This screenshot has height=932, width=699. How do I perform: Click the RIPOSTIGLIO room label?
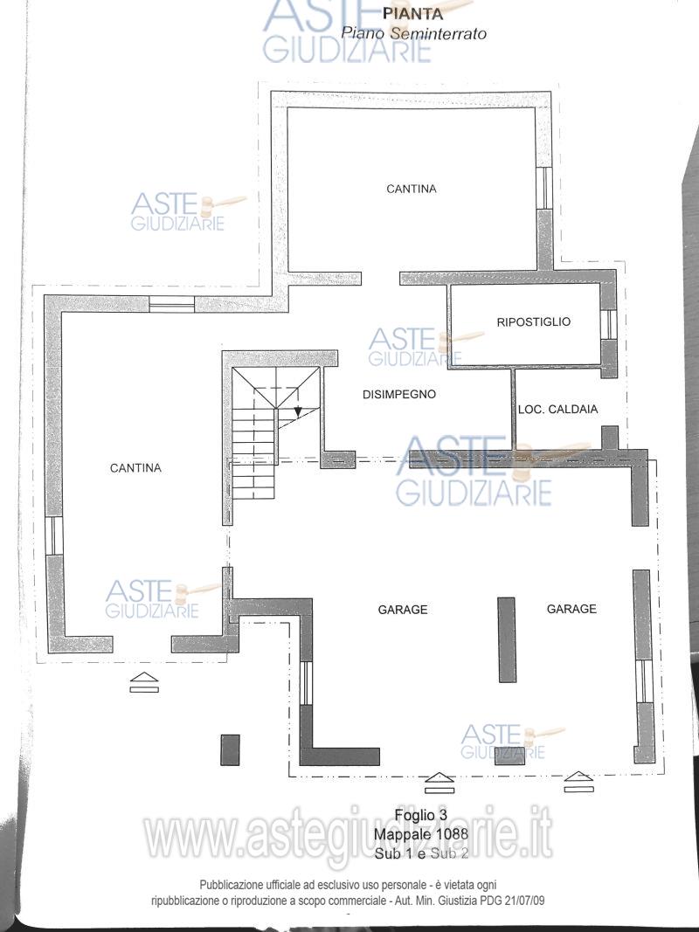point(533,321)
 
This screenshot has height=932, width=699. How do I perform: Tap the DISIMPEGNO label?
point(398,394)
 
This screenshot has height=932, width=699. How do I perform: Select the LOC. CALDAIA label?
point(557,409)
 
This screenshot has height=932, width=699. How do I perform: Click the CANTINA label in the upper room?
point(412,189)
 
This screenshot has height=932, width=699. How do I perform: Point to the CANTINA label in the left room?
point(135,468)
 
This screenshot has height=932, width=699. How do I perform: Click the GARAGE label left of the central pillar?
point(403,609)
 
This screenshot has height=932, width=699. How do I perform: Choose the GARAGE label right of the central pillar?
point(571,609)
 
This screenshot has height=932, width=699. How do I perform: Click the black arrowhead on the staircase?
point(298,411)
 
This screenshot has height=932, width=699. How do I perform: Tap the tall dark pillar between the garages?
point(507,639)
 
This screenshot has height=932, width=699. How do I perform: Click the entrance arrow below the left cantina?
point(144,682)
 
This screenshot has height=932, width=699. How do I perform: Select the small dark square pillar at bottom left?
point(230,749)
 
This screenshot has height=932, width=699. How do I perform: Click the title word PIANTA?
point(412,13)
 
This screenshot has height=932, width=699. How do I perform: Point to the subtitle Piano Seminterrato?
point(413,33)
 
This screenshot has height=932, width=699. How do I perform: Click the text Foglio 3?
point(421,815)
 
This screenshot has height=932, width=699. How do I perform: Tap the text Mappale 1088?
point(421,834)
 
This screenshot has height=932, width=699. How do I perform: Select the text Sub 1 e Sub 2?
point(421,853)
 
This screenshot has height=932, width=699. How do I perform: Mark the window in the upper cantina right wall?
point(543,188)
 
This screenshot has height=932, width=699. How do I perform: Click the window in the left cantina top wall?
point(171,304)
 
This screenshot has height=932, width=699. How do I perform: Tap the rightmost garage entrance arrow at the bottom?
point(579,783)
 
